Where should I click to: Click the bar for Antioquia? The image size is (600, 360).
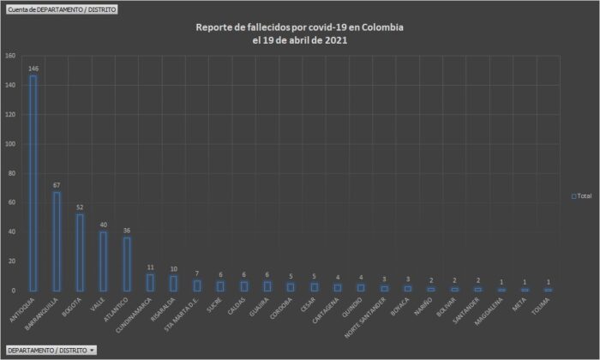click(x=33, y=183)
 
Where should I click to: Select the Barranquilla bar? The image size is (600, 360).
click(x=57, y=241)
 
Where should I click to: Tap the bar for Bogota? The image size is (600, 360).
click(x=80, y=252)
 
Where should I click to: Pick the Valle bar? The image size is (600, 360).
click(x=103, y=261)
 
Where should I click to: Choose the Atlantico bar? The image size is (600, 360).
click(x=127, y=264)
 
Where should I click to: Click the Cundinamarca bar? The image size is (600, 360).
click(x=150, y=282)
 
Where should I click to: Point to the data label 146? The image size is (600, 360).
click(x=33, y=68)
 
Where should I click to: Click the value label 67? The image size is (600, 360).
click(x=57, y=184)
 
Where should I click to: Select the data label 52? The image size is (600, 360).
click(x=80, y=207)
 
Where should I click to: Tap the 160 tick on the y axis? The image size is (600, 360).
click(x=11, y=56)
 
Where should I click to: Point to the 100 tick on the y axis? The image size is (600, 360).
click(x=11, y=144)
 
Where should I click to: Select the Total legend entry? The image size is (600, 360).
click(x=581, y=196)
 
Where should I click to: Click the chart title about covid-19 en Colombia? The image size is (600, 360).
click(x=299, y=34)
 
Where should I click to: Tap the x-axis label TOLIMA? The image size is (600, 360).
click(x=541, y=302)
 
